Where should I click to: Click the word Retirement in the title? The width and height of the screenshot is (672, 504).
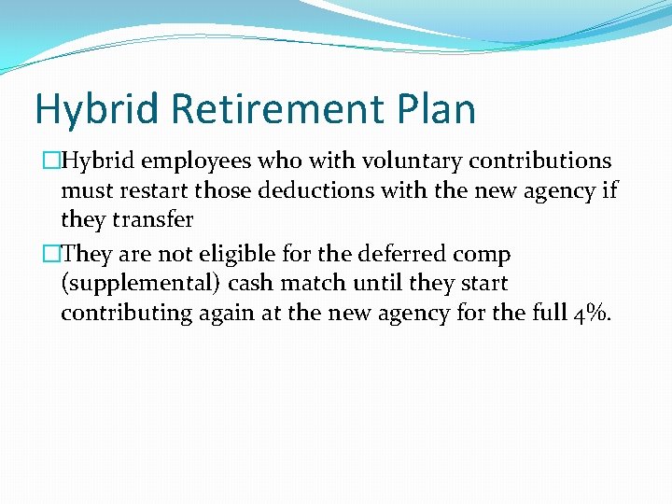point(276,109)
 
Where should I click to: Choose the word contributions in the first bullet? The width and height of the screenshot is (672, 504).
point(540,161)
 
